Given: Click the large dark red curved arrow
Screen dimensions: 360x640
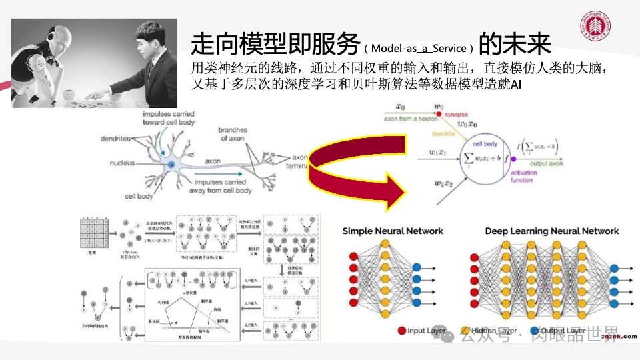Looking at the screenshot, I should pyautogui.click(x=353, y=175).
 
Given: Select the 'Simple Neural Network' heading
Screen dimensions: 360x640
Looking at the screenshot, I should pyautogui.click(x=393, y=231).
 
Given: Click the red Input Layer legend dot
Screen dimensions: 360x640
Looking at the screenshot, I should pyautogui.click(x=402, y=330).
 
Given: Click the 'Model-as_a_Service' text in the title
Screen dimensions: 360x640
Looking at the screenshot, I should pyautogui.click(x=421, y=49).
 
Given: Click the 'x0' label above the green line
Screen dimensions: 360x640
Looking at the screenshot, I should pyautogui.click(x=400, y=106).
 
